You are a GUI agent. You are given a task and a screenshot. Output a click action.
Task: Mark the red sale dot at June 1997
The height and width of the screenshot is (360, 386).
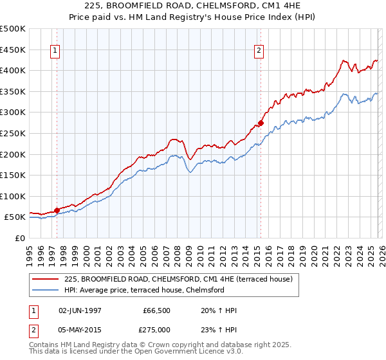[57, 210]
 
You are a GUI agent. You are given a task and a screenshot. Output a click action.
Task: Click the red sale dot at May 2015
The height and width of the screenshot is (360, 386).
[261, 122]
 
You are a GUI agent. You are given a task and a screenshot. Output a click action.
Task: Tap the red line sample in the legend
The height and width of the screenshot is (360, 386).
[46, 280]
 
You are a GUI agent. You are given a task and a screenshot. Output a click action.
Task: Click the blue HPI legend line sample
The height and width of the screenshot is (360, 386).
[46, 290]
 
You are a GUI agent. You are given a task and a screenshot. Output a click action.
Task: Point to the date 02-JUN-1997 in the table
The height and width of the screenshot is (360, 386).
[80, 310]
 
